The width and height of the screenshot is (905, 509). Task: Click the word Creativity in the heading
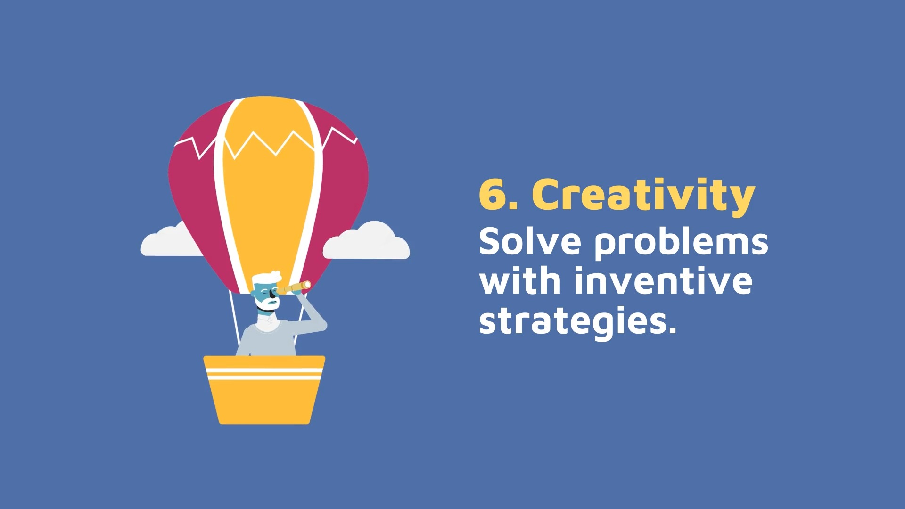(x=643, y=196)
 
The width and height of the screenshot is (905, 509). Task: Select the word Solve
(x=530, y=241)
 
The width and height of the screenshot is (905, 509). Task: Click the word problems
(x=681, y=243)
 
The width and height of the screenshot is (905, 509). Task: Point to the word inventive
(x=663, y=281)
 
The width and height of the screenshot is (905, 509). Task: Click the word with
(x=520, y=281)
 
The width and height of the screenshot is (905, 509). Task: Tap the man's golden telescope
(x=294, y=287)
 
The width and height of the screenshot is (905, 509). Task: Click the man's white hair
(x=266, y=277)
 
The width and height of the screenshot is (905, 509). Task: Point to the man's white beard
(x=269, y=303)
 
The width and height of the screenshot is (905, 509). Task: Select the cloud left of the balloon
(x=171, y=240)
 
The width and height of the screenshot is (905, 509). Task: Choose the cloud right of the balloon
(x=366, y=241)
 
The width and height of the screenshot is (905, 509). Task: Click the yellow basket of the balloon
(x=264, y=390)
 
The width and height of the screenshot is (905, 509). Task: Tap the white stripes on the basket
(x=264, y=374)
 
